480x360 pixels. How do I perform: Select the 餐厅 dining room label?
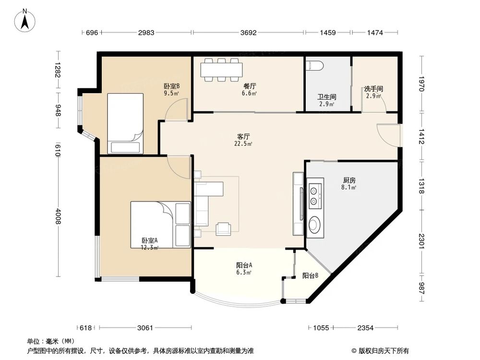tap(249, 86)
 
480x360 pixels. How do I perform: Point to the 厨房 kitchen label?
tap(349, 180)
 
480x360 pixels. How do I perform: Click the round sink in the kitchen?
tap(315, 224)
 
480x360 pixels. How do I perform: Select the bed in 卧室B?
tap(125, 123)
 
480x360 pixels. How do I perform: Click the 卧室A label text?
tap(149, 241)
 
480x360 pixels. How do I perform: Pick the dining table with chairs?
tap(222, 70)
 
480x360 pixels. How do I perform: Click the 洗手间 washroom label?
tap(373, 89)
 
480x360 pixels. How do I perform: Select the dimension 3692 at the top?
tap(249, 33)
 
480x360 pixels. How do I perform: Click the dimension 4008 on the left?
tap(58, 216)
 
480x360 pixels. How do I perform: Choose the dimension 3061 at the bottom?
tap(145, 328)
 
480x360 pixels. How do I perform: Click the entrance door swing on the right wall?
tap(388, 135)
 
